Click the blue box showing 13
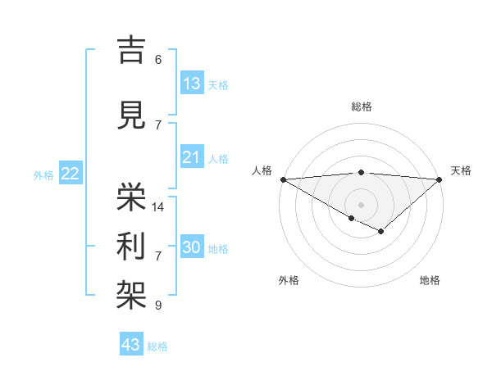tap(192, 84)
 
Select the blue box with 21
tap(192, 157)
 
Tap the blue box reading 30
tap(192, 248)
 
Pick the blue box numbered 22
tap(71, 173)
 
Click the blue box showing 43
tap(131, 345)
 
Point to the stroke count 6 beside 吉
tap(158, 59)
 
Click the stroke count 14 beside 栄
tap(158, 207)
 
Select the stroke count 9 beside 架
tap(158, 306)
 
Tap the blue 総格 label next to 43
tap(158, 346)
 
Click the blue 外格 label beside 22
tap(43, 174)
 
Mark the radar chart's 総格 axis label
tap(361, 106)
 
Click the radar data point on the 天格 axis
tap(440, 179)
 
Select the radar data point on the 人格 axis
tap(283, 179)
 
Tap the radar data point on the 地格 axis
tap(380, 232)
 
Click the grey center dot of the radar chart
tap(361, 204)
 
